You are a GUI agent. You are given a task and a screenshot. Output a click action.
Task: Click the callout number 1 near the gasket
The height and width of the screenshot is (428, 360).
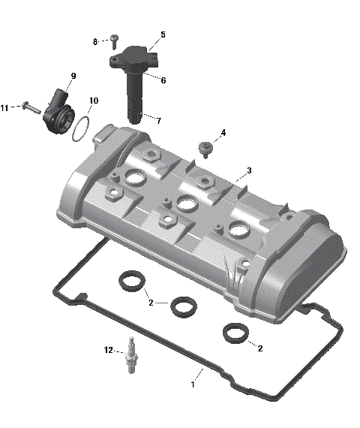(193, 384)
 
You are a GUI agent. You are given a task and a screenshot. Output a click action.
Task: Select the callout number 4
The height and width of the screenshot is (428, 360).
(223, 134)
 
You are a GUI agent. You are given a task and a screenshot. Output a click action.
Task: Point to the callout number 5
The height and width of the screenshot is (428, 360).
(163, 35)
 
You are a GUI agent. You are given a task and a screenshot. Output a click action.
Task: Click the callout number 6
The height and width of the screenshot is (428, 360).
(163, 80)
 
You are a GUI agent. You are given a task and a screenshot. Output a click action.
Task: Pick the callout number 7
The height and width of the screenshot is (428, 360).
(157, 120)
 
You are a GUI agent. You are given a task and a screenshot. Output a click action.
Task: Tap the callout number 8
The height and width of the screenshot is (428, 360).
(95, 41)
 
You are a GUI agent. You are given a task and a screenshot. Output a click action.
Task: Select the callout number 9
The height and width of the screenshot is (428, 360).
(73, 77)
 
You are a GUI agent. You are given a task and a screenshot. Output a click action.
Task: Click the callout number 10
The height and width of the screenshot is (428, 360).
(93, 101)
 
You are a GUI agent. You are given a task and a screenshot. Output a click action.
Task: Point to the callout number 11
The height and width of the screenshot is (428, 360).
(4, 108)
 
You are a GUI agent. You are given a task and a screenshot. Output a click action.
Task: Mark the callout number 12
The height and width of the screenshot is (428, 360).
(109, 350)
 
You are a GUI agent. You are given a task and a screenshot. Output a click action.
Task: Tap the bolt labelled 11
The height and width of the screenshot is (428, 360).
(29, 107)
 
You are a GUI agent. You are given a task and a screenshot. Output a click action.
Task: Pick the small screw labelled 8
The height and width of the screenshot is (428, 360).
(114, 38)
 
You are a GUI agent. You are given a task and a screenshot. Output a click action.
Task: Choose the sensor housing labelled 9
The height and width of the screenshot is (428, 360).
(58, 113)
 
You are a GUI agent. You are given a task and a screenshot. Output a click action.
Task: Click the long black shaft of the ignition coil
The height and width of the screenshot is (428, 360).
(135, 94)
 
